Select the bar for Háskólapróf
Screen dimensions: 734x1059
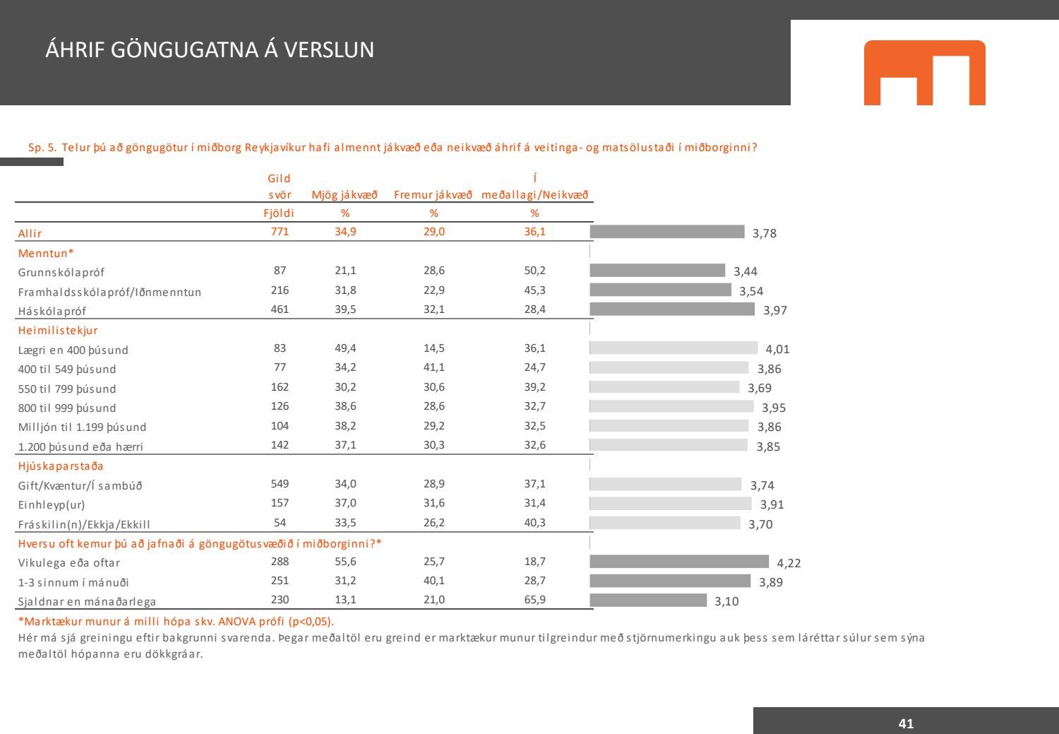pos(672,309)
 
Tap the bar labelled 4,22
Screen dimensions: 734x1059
pos(679,562)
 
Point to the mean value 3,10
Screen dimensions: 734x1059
pos(726,601)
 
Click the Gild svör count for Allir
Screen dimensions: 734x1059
pos(280,232)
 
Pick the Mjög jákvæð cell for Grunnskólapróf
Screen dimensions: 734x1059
pos(345,271)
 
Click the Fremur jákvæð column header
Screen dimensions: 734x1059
pos(433,195)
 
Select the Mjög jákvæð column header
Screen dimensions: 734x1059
pos(345,195)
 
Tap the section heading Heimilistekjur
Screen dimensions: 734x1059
pos(58,330)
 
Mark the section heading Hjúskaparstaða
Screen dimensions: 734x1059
pos(61,466)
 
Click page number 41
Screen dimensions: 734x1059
pos(906,723)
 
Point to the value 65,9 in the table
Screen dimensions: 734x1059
pos(534,600)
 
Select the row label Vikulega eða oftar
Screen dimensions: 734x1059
pos(69,563)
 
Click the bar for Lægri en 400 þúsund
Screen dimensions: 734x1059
pos(674,348)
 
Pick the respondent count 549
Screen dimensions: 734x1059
pos(280,484)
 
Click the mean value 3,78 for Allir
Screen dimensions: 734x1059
pos(765,233)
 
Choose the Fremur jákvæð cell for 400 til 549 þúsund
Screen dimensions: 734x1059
pos(433,367)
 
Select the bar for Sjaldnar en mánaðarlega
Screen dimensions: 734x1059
pos(648,600)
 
